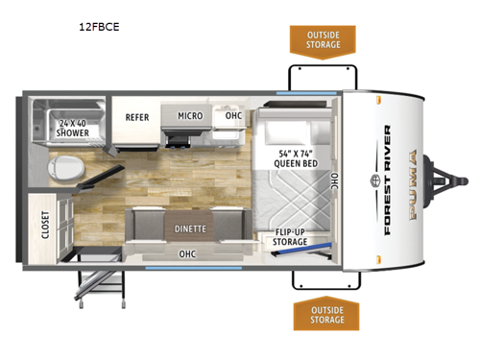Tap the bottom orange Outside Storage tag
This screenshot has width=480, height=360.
tap(324, 313)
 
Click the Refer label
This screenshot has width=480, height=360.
tap(136, 117)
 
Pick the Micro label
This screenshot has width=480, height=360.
tap(188, 116)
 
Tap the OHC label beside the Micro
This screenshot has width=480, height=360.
tap(233, 116)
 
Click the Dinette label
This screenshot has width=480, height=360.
tap(195, 229)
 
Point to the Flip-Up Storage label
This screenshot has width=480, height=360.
tap(291, 236)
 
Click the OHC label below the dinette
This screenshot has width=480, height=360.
tap(189, 253)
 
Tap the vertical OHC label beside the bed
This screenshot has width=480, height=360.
tap(334, 180)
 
